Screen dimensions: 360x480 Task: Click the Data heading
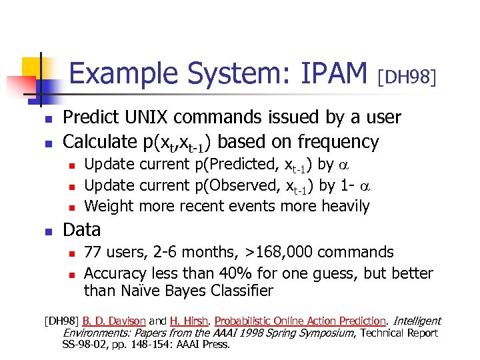pyautogui.click(x=81, y=230)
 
